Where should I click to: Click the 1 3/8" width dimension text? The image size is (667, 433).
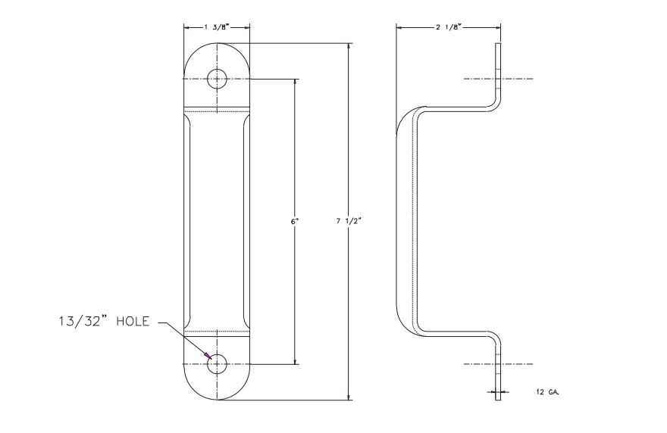217,27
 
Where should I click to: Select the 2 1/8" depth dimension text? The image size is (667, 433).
449,27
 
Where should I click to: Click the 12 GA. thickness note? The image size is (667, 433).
548,392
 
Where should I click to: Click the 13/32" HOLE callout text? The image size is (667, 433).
105,321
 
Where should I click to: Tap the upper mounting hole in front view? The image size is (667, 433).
217,79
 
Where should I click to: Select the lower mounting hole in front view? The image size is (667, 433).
217,364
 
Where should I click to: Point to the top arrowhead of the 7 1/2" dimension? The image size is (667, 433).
349,46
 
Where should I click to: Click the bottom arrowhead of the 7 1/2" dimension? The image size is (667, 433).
349,397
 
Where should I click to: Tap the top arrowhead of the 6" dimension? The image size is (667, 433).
296,82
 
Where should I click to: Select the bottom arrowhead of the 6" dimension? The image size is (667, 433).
296,361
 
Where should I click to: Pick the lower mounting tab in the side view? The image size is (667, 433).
498,369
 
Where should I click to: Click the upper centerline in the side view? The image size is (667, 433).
498,79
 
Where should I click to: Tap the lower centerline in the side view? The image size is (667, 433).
498,364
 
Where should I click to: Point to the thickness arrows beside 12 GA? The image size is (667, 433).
498,392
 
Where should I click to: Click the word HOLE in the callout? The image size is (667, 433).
133,321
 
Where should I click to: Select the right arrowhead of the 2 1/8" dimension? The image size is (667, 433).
498,27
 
